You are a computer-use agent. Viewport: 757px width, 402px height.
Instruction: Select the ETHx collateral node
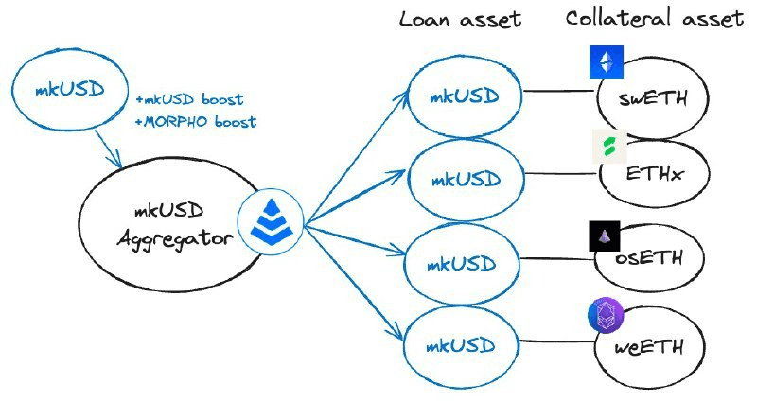[x=654, y=175]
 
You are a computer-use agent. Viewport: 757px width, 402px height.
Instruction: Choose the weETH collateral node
[x=653, y=343]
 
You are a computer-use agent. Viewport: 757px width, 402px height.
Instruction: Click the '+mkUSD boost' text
[x=189, y=99]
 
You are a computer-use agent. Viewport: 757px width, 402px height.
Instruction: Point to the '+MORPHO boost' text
[x=196, y=122]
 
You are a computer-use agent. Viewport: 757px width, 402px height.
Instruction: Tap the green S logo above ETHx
[x=607, y=146]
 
